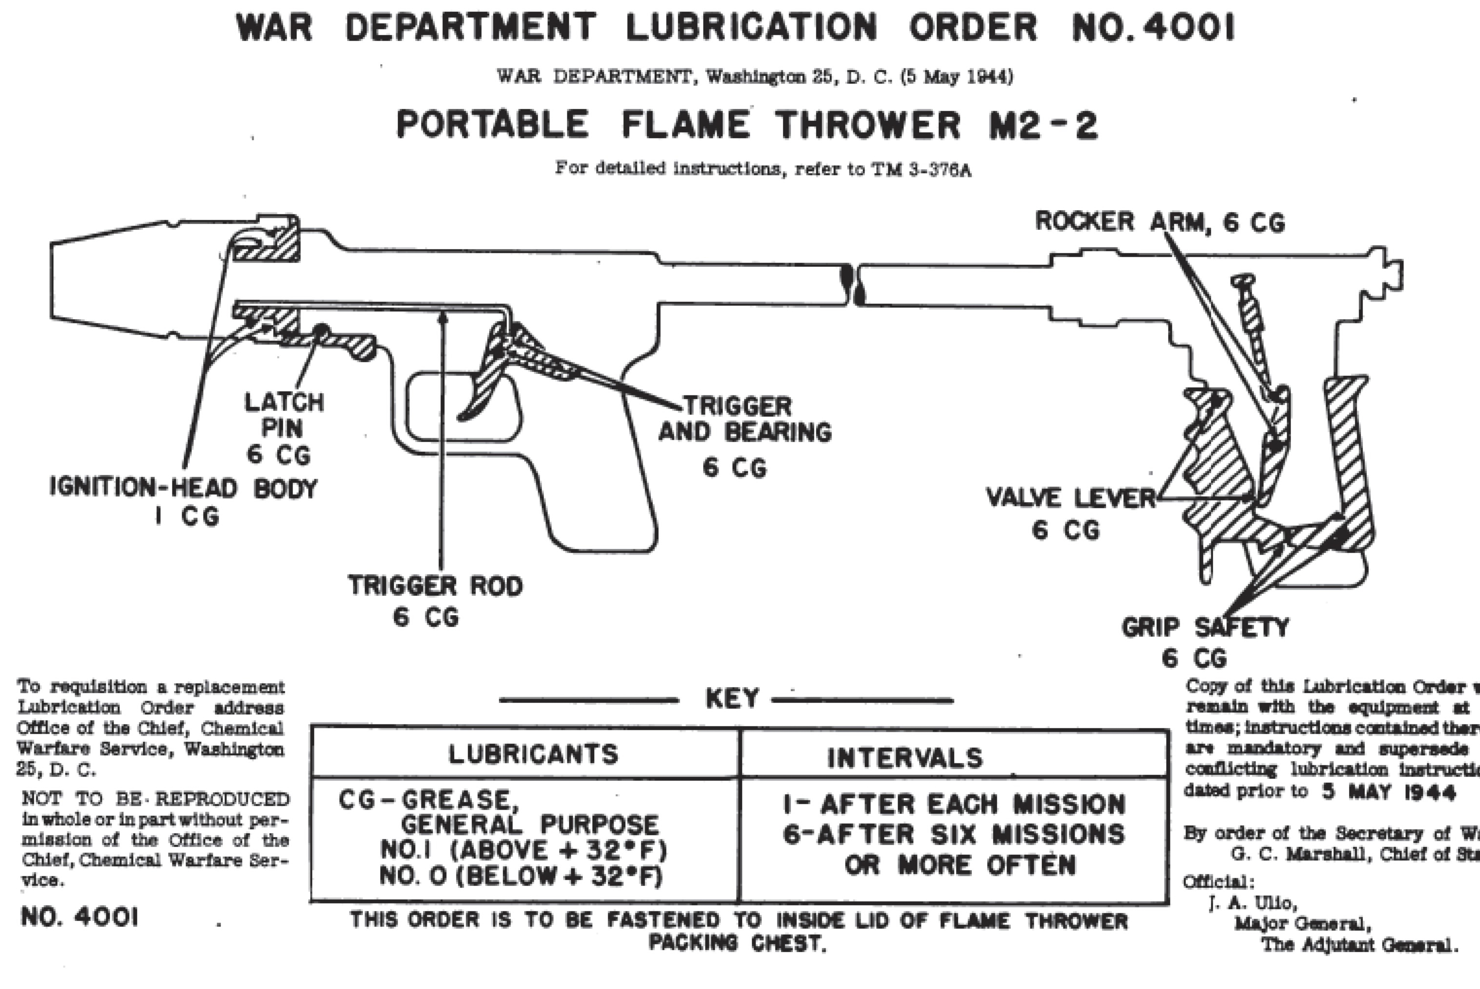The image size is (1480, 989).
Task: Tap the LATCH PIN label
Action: coord(284,416)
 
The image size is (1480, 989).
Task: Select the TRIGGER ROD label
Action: coord(436,586)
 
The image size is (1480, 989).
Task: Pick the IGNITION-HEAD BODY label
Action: coord(183,489)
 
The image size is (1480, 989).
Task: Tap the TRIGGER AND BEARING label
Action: coord(745,420)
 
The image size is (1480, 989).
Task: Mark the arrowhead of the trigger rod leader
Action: coord(443,318)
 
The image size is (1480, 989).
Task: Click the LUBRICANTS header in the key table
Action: coord(533,754)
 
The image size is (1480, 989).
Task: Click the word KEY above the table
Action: coord(732,699)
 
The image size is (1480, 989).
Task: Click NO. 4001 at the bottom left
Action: coord(79,918)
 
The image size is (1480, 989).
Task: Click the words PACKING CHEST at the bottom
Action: coord(737,944)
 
